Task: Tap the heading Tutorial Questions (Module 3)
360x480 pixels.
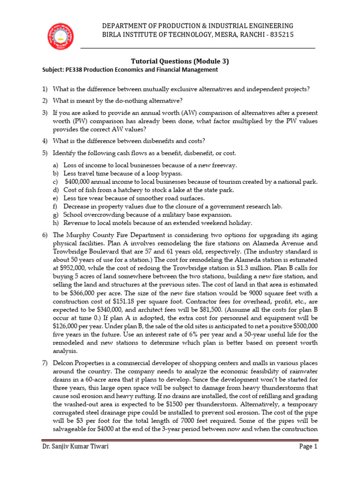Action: (180, 61)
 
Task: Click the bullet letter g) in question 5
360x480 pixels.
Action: (55, 214)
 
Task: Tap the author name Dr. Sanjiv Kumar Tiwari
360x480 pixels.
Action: (74, 460)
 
